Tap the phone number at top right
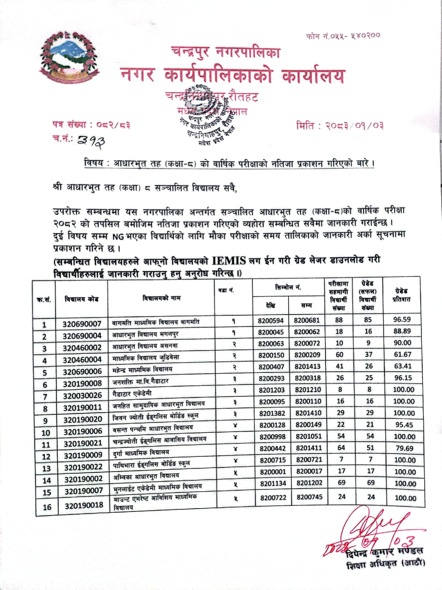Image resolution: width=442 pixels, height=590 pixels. click(343, 36)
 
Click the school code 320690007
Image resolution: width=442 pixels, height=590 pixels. click(81, 324)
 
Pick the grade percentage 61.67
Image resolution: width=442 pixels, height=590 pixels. click(402, 354)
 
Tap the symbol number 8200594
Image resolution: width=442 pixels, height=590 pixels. click(271, 320)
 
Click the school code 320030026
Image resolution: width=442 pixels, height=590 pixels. click(82, 396)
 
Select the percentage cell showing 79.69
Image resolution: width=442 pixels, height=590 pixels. click(404, 448)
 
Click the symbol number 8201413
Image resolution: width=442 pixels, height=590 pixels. click(307, 367)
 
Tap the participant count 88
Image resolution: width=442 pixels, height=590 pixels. click(339, 320)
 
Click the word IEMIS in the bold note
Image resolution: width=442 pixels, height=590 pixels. click(229, 261)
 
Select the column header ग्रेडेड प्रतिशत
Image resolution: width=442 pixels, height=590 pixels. click(401, 295)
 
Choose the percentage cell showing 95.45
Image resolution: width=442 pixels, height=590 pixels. click(404, 425)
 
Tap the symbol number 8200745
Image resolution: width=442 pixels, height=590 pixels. click(309, 497)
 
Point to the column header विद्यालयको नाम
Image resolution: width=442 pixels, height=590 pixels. click(161, 298)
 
